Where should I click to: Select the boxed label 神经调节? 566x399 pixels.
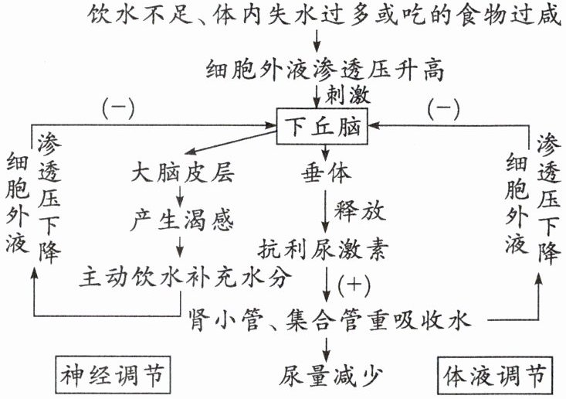[x=113, y=375]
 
